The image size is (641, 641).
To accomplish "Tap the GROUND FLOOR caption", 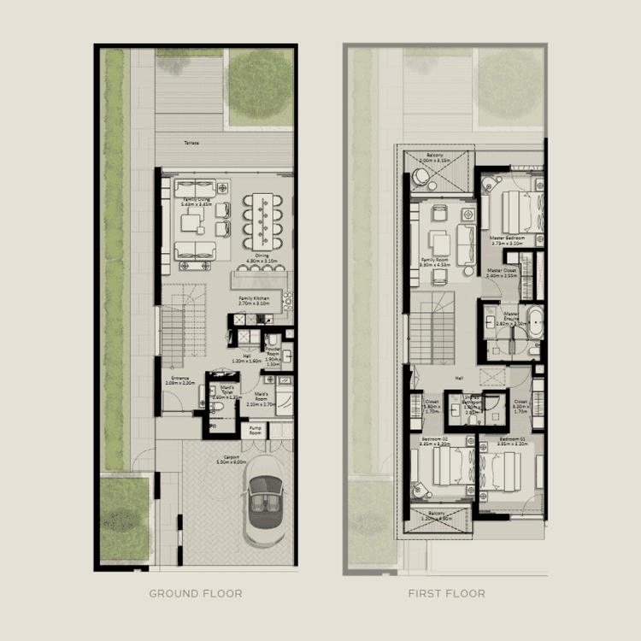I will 195,593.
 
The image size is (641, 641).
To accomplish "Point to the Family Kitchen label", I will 254,300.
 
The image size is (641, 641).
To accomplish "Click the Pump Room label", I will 255,431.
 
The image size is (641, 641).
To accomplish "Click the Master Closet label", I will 503,273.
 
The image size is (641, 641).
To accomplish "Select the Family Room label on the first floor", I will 435,262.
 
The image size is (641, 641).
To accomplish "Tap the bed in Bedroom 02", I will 447,468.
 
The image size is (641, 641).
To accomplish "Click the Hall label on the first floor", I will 458,376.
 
